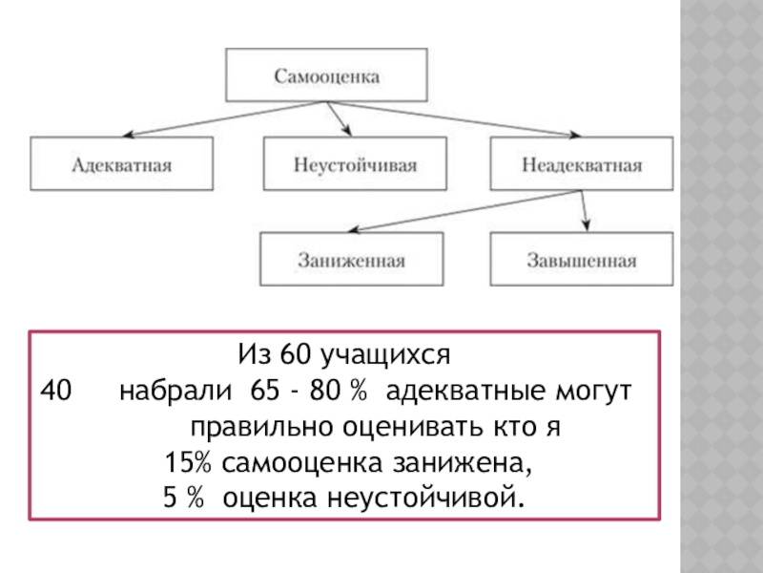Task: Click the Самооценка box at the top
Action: point(327,74)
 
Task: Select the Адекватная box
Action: point(121,164)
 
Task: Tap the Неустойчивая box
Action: point(355,164)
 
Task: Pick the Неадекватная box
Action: point(582,164)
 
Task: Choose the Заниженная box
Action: point(351,260)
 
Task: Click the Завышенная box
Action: point(582,260)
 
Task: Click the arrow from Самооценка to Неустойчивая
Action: point(336,117)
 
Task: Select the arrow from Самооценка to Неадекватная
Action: point(477,118)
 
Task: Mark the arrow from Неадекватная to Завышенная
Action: point(585,212)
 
